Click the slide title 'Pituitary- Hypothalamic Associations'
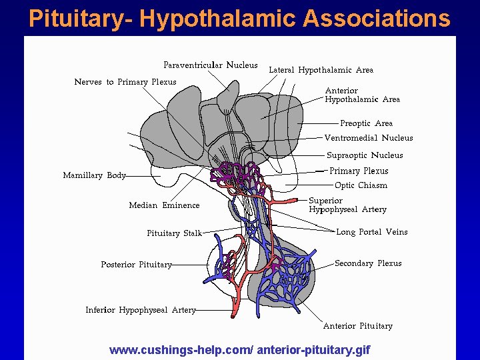pyautogui.click(x=240, y=18)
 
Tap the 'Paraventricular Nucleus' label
pyautogui.click(x=211, y=65)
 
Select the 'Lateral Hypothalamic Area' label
pyautogui.click(x=321, y=70)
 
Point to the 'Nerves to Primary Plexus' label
pyautogui.click(x=125, y=82)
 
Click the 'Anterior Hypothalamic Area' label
pyautogui.click(x=362, y=95)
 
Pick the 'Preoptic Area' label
pyautogui.click(x=366, y=123)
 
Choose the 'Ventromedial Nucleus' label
pyautogui.click(x=368, y=138)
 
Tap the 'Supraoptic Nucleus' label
pyautogui.click(x=364, y=155)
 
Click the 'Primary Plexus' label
pyautogui.click(x=359, y=171)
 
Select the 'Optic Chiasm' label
pyautogui.click(x=361, y=185)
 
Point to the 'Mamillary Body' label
pyautogui.click(x=94, y=175)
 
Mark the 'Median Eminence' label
pyautogui.click(x=164, y=205)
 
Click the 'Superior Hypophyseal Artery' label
pyautogui.click(x=347, y=205)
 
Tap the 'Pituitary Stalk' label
pyautogui.click(x=174, y=233)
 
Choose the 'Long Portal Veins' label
pyautogui.click(x=371, y=232)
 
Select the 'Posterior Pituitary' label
pyautogui.click(x=136, y=265)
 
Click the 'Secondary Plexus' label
pyautogui.click(x=368, y=263)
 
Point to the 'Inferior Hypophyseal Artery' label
pyautogui.click(x=141, y=310)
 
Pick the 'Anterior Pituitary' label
pyautogui.click(x=357, y=326)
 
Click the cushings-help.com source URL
pyautogui.click(x=239, y=349)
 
